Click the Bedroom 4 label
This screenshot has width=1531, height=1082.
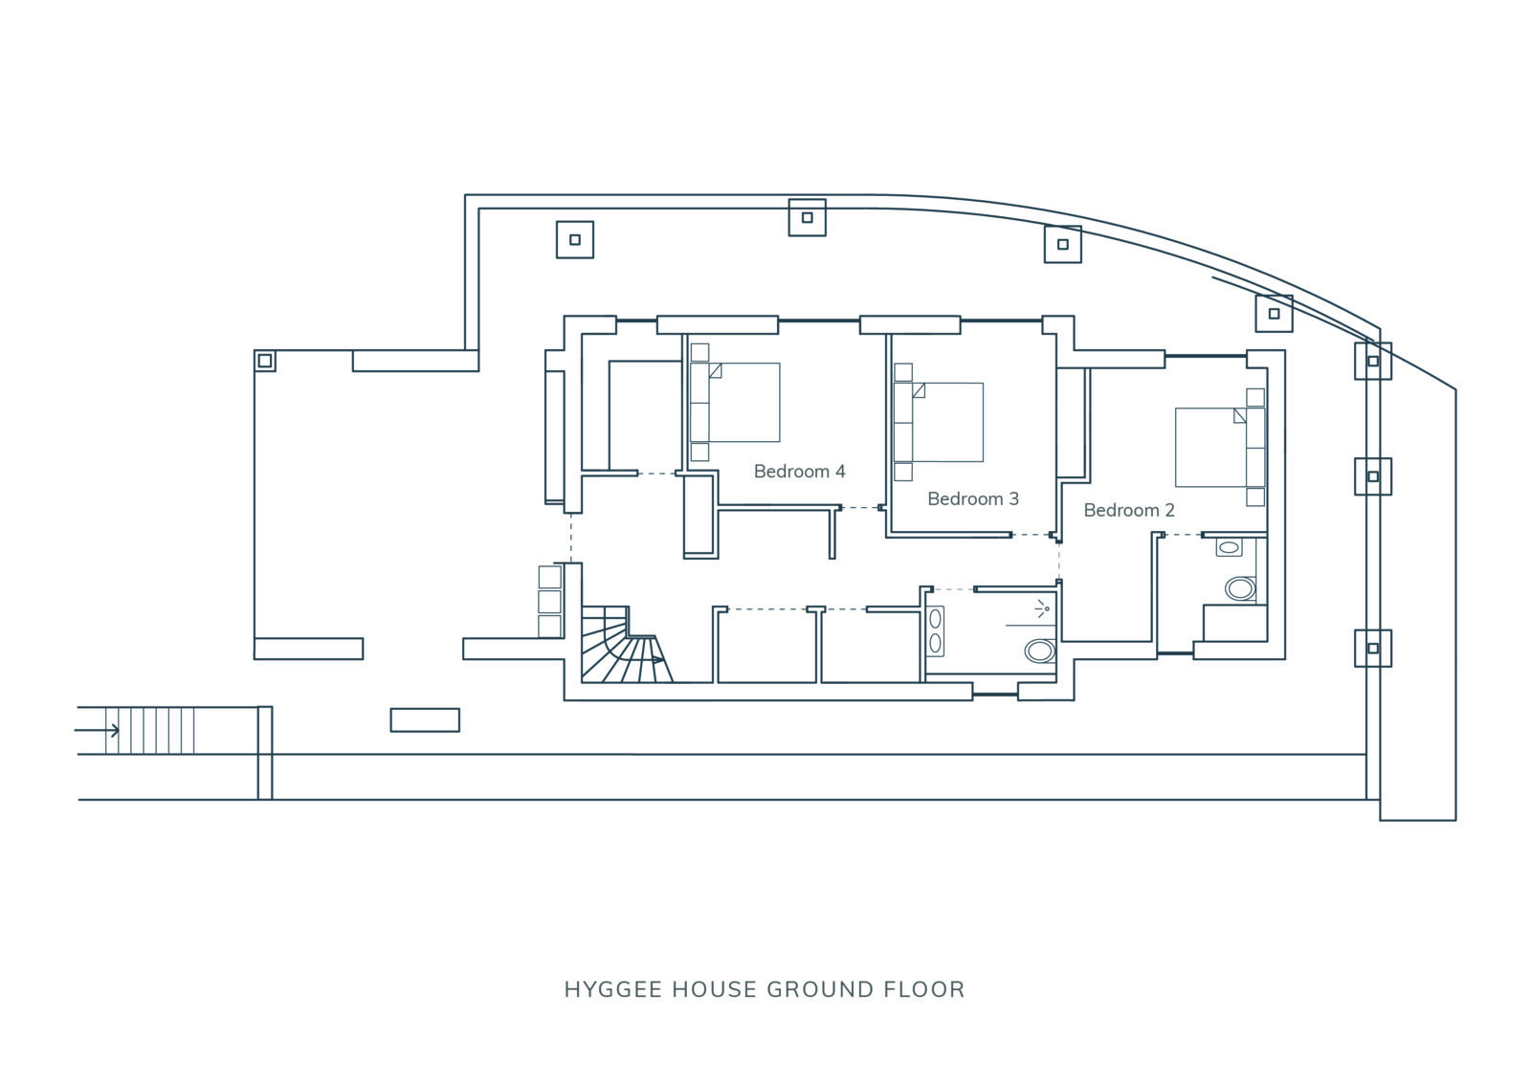pos(799,472)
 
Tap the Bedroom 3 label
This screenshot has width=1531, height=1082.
pos(972,499)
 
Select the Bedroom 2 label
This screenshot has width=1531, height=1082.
pos(1128,510)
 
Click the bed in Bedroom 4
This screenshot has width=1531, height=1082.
pos(735,403)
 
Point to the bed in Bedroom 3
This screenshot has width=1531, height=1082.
pos(939,423)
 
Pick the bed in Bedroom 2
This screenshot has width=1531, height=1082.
pos(1220,448)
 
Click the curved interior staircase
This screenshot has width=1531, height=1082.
pos(626,645)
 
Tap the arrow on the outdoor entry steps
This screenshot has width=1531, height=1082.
pos(97,730)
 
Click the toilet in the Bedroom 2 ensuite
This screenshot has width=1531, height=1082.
pos(1240,588)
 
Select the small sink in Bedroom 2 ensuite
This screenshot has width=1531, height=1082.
pos(1229,547)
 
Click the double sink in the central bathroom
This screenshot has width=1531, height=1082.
pos(935,630)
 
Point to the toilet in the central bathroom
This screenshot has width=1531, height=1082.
pos(1040,651)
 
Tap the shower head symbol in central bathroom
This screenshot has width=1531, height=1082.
pos(1042,608)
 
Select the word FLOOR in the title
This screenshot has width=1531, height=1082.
pos(924,990)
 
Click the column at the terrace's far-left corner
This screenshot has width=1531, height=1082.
pos(264,361)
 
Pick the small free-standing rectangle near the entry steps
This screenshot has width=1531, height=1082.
pos(425,720)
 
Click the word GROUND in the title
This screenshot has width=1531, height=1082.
pos(820,990)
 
